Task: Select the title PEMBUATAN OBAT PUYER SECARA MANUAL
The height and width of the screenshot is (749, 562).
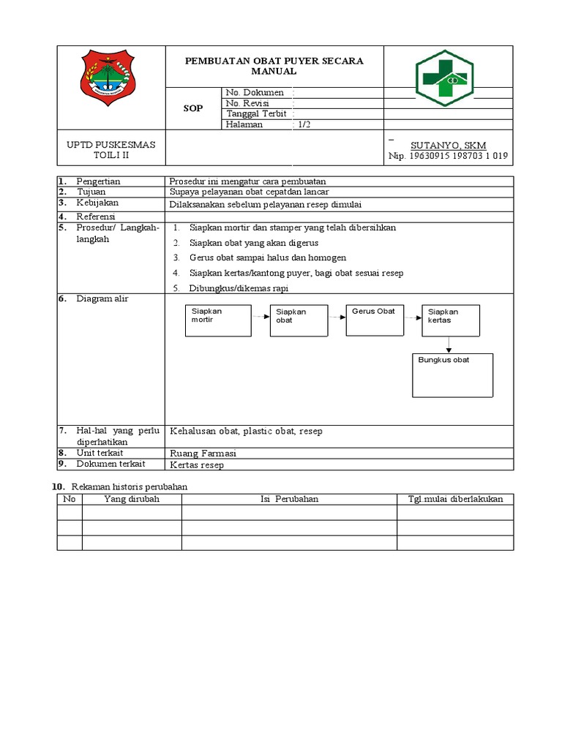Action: tap(274, 66)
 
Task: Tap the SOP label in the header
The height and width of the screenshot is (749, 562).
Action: tap(193, 108)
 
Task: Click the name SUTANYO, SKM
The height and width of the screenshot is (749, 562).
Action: tap(449, 146)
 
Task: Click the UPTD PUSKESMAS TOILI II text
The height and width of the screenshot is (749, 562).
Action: tap(112, 151)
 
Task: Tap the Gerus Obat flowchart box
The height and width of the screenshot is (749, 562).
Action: tap(375, 320)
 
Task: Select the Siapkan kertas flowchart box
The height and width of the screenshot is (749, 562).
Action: tap(451, 320)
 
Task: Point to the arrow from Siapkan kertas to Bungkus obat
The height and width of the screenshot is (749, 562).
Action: tap(449, 345)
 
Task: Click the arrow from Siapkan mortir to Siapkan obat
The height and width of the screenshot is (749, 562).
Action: tap(260, 316)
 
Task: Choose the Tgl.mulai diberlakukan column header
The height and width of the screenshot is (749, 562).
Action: tap(454, 499)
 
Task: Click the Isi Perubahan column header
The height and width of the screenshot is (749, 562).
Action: tap(289, 499)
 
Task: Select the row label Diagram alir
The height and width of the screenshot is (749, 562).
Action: tap(102, 299)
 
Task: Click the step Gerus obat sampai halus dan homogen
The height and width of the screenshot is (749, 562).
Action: tap(267, 257)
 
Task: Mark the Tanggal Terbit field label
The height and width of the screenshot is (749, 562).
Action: tap(255, 114)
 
